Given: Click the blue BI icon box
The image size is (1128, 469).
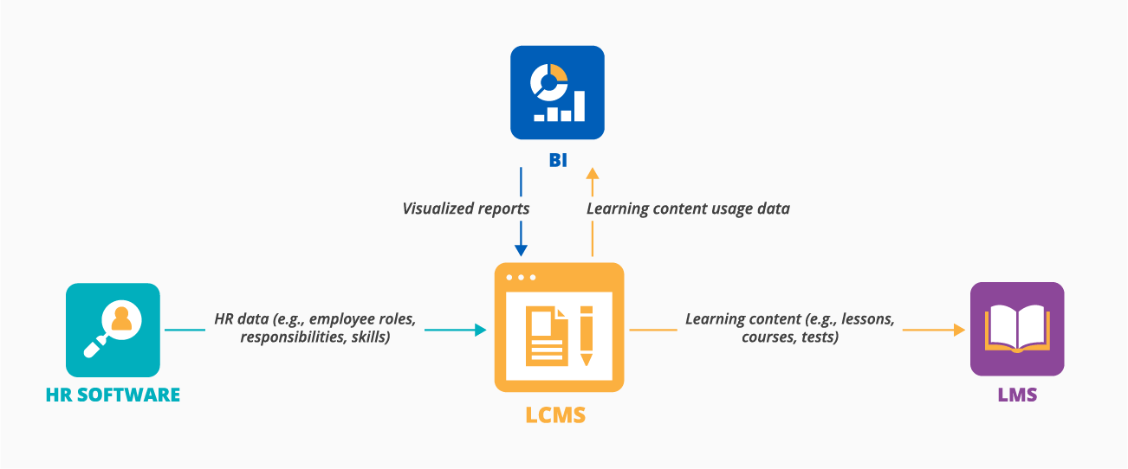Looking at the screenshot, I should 557,93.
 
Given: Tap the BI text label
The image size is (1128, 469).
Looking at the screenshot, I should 557,160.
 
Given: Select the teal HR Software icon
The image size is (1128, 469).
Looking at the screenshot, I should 113,330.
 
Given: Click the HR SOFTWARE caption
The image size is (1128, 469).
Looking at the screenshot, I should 113,395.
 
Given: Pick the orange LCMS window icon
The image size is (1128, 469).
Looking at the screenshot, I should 559,327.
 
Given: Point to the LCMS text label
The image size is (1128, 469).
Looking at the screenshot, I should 555,415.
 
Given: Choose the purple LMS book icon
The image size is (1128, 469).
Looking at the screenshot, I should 1016,329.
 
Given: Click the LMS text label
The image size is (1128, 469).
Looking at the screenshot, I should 1016,395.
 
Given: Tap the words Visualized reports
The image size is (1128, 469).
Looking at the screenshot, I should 465,209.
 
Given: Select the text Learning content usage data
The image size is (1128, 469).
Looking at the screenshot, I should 688,209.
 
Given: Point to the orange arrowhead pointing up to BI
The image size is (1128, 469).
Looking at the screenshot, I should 593,174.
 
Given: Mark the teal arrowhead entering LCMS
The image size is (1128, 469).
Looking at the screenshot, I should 480,330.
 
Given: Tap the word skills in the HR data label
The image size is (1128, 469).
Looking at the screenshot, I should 370,337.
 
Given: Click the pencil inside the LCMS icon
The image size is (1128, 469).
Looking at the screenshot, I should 586,334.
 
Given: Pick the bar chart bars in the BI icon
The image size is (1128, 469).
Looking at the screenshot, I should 560,109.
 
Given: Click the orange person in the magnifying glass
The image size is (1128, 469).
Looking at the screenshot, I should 120,319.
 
